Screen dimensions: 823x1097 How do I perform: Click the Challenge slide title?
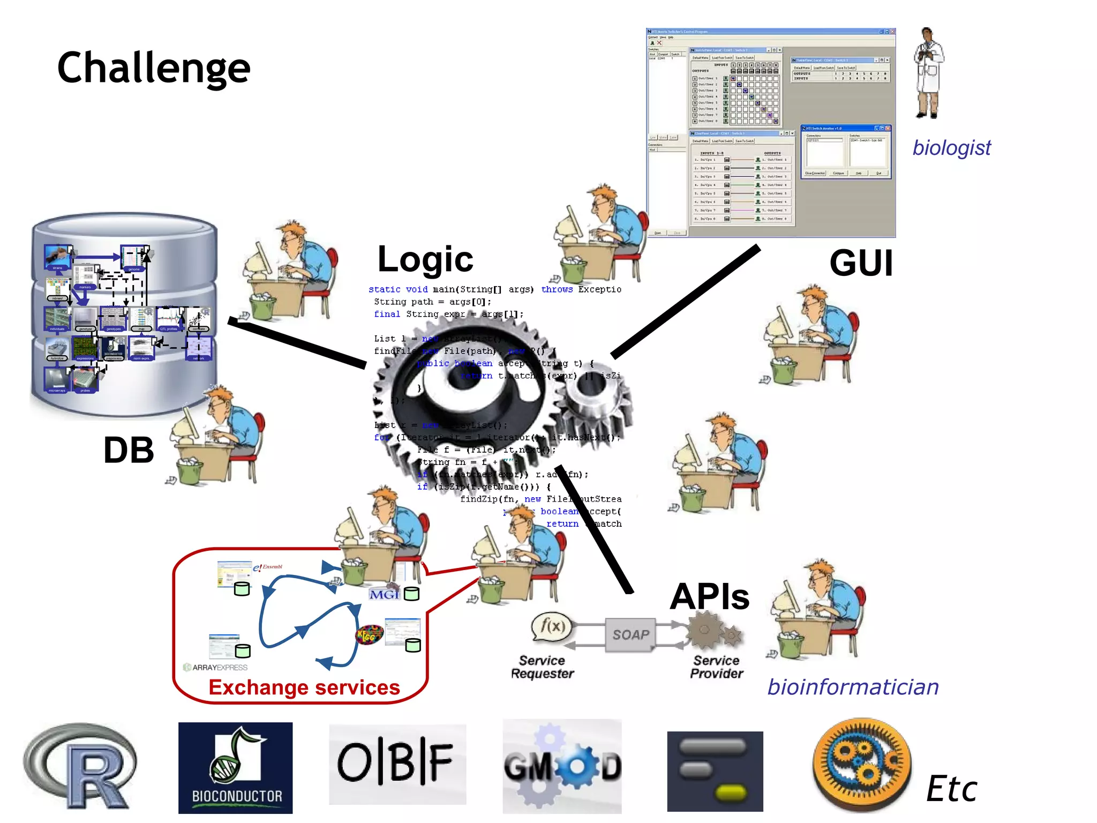point(154,69)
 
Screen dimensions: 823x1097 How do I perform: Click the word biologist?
point(951,147)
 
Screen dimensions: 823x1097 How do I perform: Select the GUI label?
point(861,263)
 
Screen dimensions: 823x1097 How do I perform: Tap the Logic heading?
point(425,259)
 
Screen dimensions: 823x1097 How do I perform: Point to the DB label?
point(129,450)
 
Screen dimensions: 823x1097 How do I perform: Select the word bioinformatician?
point(853,687)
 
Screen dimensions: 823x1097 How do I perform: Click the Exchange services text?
point(304,687)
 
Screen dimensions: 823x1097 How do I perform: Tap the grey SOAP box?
point(630,635)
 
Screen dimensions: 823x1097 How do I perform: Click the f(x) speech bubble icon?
point(552,626)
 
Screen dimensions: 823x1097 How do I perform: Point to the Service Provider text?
point(716,667)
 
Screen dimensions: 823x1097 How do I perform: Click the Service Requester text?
point(542,667)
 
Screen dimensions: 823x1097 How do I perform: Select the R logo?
point(80,766)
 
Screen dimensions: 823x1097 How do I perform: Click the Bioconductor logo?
point(236,768)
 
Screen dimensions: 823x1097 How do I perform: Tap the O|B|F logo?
point(397,763)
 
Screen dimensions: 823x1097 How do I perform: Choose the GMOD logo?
point(562,767)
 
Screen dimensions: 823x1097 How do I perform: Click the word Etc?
point(951,789)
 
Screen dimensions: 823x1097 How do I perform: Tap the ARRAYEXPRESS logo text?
point(219,668)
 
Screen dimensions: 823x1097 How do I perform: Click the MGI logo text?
point(384,594)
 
